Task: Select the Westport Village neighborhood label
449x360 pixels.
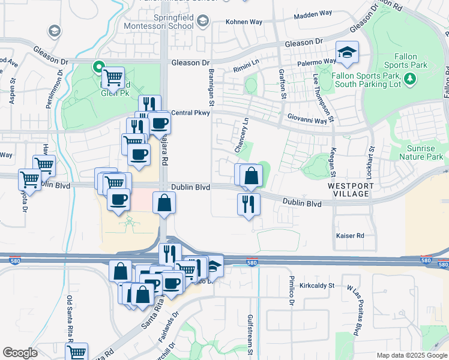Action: [351, 190]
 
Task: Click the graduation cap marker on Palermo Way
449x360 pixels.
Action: [347, 53]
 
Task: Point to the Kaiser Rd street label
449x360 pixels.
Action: [351, 236]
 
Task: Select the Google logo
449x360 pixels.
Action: [20, 353]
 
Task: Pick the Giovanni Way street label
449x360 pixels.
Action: [307, 120]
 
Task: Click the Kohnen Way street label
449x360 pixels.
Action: [244, 22]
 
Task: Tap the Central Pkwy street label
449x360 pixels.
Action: [190, 112]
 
